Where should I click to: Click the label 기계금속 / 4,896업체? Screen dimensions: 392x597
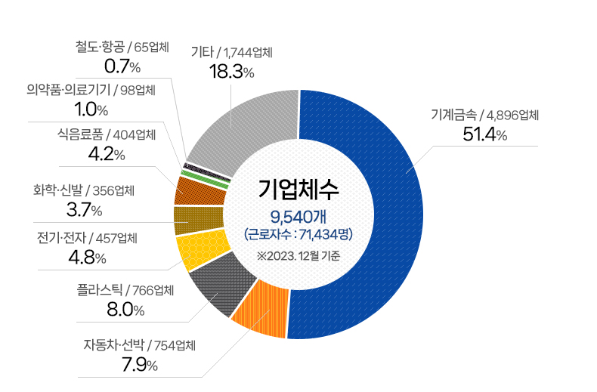pyautogui.click(x=484, y=115)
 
